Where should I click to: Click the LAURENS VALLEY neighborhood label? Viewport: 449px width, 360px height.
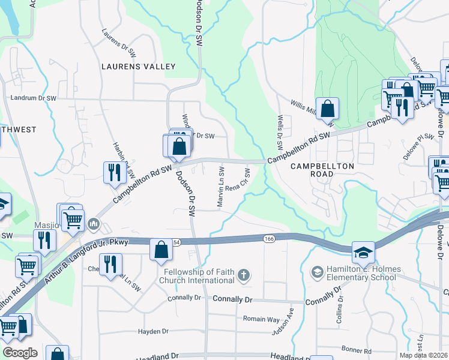138,67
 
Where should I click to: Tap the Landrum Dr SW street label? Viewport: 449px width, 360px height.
34,98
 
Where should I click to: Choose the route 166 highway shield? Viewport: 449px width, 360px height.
268,239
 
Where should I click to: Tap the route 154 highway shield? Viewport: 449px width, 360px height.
176,241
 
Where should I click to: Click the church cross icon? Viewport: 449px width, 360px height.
243,275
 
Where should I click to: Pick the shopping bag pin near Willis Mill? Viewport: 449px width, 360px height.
327,109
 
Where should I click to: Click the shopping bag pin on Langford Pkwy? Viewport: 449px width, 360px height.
161,249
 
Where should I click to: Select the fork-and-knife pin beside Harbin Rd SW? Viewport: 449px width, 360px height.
114,173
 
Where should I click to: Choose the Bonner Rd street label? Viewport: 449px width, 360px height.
358,350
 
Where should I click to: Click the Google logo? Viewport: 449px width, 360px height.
20,353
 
